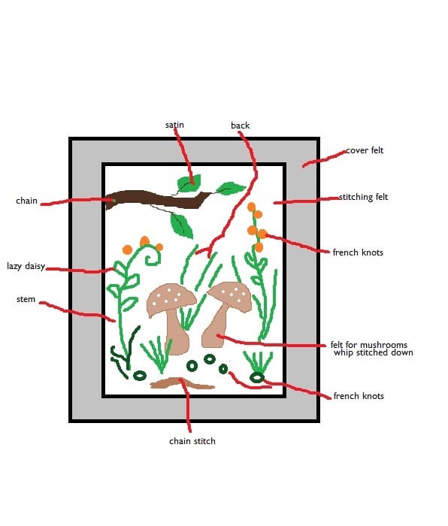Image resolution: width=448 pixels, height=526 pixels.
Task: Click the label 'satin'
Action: coord(174,125)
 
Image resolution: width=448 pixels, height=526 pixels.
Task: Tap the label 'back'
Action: coord(241,125)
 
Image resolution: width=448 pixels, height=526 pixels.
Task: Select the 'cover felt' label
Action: coord(365,150)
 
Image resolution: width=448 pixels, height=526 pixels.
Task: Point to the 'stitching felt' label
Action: coord(363,197)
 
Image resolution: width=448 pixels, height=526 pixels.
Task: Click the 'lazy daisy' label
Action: coord(26,266)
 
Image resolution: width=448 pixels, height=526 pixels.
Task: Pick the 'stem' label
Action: coord(26,299)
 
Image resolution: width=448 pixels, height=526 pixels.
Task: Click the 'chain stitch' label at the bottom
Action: coord(192,441)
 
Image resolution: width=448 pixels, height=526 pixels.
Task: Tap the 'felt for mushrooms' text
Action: coord(369,345)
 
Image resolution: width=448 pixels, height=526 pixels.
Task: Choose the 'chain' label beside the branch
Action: coord(26,201)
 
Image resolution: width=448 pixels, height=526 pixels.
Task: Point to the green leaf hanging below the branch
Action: coord(182,225)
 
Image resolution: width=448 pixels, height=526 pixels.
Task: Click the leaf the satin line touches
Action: coord(189,183)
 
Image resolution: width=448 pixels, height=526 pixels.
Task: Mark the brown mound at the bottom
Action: coord(182,383)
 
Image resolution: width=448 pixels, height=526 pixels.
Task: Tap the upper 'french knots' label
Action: coord(358,252)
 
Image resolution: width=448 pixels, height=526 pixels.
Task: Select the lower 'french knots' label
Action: coord(359,396)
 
